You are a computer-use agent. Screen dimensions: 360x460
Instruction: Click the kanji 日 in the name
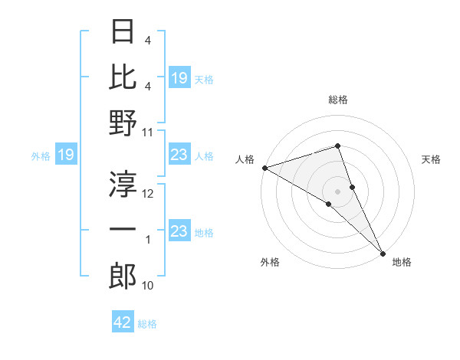[x=123, y=31]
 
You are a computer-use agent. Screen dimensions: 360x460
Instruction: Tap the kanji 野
[x=123, y=123]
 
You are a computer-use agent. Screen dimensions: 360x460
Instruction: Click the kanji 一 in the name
[x=123, y=229]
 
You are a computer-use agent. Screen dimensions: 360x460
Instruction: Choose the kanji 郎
[x=123, y=276]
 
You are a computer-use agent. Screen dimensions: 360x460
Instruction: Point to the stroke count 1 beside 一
[x=148, y=240]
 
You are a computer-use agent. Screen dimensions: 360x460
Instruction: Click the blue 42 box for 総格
[x=123, y=322]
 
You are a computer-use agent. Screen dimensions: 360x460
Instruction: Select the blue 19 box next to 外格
[x=65, y=155]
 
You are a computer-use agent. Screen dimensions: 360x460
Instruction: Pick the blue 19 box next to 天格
[x=179, y=77]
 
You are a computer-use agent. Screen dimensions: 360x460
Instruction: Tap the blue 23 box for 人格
[x=179, y=155]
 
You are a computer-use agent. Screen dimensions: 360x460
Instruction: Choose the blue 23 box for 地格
[x=179, y=231]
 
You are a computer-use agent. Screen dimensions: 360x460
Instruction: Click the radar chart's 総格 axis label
[x=338, y=100]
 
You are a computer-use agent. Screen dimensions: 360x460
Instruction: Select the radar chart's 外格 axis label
[x=270, y=262]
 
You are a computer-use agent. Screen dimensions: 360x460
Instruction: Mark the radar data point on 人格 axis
[x=264, y=168]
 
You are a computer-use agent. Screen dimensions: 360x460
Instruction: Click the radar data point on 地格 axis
[x=383, y=252]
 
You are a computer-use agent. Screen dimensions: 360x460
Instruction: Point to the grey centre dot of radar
[x=338, y=191]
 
